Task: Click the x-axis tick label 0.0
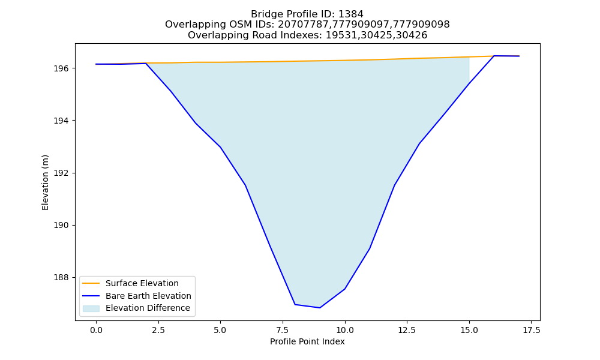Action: [x=96, y=330]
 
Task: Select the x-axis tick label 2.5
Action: [x=158, y=330]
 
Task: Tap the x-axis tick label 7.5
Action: [x=283, y=330]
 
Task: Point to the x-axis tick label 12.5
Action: [x=407, y=330]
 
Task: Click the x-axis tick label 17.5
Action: [x=532, y=330]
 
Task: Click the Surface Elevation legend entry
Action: [x=131, y=283]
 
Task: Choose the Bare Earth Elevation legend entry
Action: [x=137, y=296]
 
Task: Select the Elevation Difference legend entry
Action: [x=136, y=308]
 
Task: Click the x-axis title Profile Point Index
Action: [x=307, y=341]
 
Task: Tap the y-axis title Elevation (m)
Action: [x=46, y=182]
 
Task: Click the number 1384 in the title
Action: [x=351, y=14]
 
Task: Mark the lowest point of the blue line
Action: [x=320, y=308]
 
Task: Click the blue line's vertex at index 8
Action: [x=295, y=304]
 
